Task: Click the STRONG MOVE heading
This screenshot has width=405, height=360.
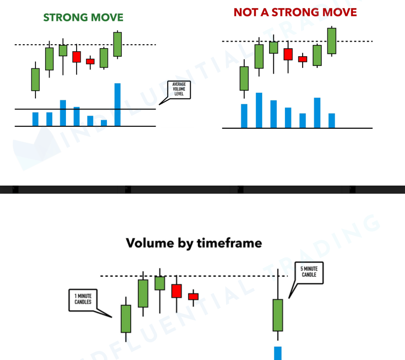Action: tap(83, 17)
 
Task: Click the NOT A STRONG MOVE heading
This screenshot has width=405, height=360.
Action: tap(295, 12)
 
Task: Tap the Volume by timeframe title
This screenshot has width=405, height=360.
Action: tap(194, 243)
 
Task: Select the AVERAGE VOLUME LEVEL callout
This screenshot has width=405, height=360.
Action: tap(179, 89)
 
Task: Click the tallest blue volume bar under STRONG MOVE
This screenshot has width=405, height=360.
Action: tap(118, 104)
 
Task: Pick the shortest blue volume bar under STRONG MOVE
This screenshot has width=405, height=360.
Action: tap(104, 123)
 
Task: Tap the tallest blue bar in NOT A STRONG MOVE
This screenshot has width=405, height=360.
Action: tap(259, 110)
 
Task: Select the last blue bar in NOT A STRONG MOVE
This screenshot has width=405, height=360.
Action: tap(332, 121)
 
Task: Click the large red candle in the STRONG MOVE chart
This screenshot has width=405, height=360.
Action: tap(77, 56)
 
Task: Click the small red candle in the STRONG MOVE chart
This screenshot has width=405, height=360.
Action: tap(90, 61)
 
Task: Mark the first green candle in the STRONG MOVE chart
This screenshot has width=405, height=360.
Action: tap(35, 79)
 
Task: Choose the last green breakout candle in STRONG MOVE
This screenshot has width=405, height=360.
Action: tap(118, 44)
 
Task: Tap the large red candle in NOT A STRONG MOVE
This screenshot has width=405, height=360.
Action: tap(288, 54)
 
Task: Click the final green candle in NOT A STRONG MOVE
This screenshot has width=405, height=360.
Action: tap(332, 41)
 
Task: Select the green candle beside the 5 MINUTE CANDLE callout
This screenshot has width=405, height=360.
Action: tap(277, 315)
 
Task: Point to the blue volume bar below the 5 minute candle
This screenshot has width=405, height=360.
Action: tap(278, 353)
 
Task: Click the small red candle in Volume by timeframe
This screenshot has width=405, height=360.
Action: tap(193, 296)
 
